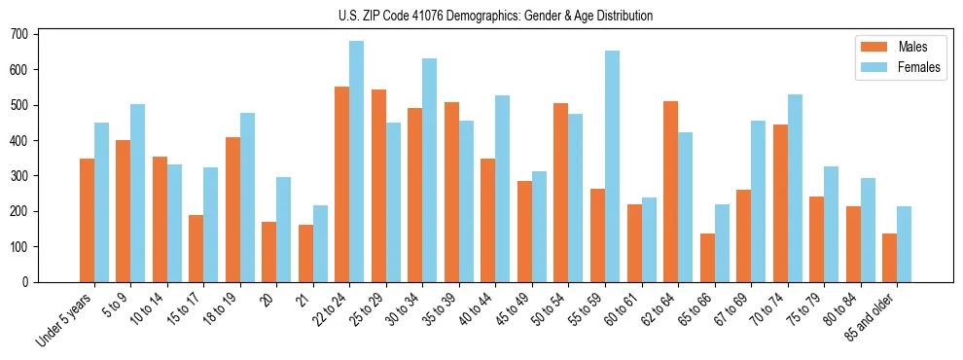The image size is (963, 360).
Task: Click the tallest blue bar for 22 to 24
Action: click(357, 162)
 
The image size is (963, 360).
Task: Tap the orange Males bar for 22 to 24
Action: click(342, 185)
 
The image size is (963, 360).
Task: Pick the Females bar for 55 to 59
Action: click(612, 166)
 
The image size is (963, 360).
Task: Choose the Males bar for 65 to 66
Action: click(707, 258)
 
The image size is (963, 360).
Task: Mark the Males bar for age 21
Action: click(305, 253)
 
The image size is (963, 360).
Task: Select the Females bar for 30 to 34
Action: click(430, 170)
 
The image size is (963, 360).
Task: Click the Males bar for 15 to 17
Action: click(196, 248)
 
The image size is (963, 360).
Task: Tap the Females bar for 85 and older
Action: click(904, 244)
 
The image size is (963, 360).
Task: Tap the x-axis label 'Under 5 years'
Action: click(65, 318)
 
